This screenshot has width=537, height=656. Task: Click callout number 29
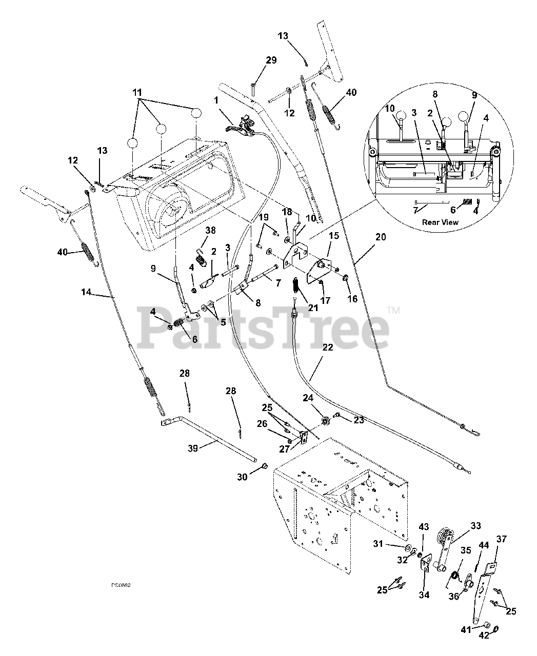click(x=270, y=60)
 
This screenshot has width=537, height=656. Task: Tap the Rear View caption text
click(x=440, y=222)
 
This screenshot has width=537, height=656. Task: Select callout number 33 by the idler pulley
click(x=476, y=526)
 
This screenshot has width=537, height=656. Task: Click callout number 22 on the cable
click(x=328, y=347)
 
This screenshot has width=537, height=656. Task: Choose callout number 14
click(x=86, y=292)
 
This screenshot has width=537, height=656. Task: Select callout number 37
click(x=501, y=539)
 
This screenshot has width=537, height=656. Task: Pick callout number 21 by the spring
click(x=313, y=307)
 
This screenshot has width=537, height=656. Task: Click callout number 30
click(x=242, y=477)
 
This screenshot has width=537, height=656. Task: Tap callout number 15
click(x=334, y=235)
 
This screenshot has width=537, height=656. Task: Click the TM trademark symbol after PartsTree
click(x=393, y=310)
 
